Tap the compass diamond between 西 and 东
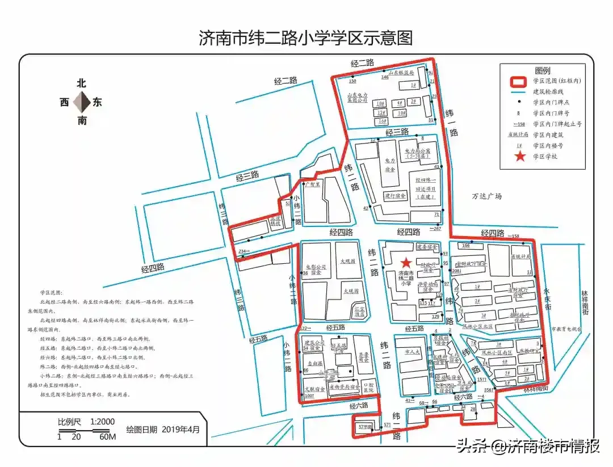click(82, 102)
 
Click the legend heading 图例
click(543, 69)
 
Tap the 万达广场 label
click(487, 196)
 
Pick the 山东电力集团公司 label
click(358, 97)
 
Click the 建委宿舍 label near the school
click(427, 247)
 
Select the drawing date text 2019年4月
click(181, 429)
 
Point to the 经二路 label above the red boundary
click(362, 63)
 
